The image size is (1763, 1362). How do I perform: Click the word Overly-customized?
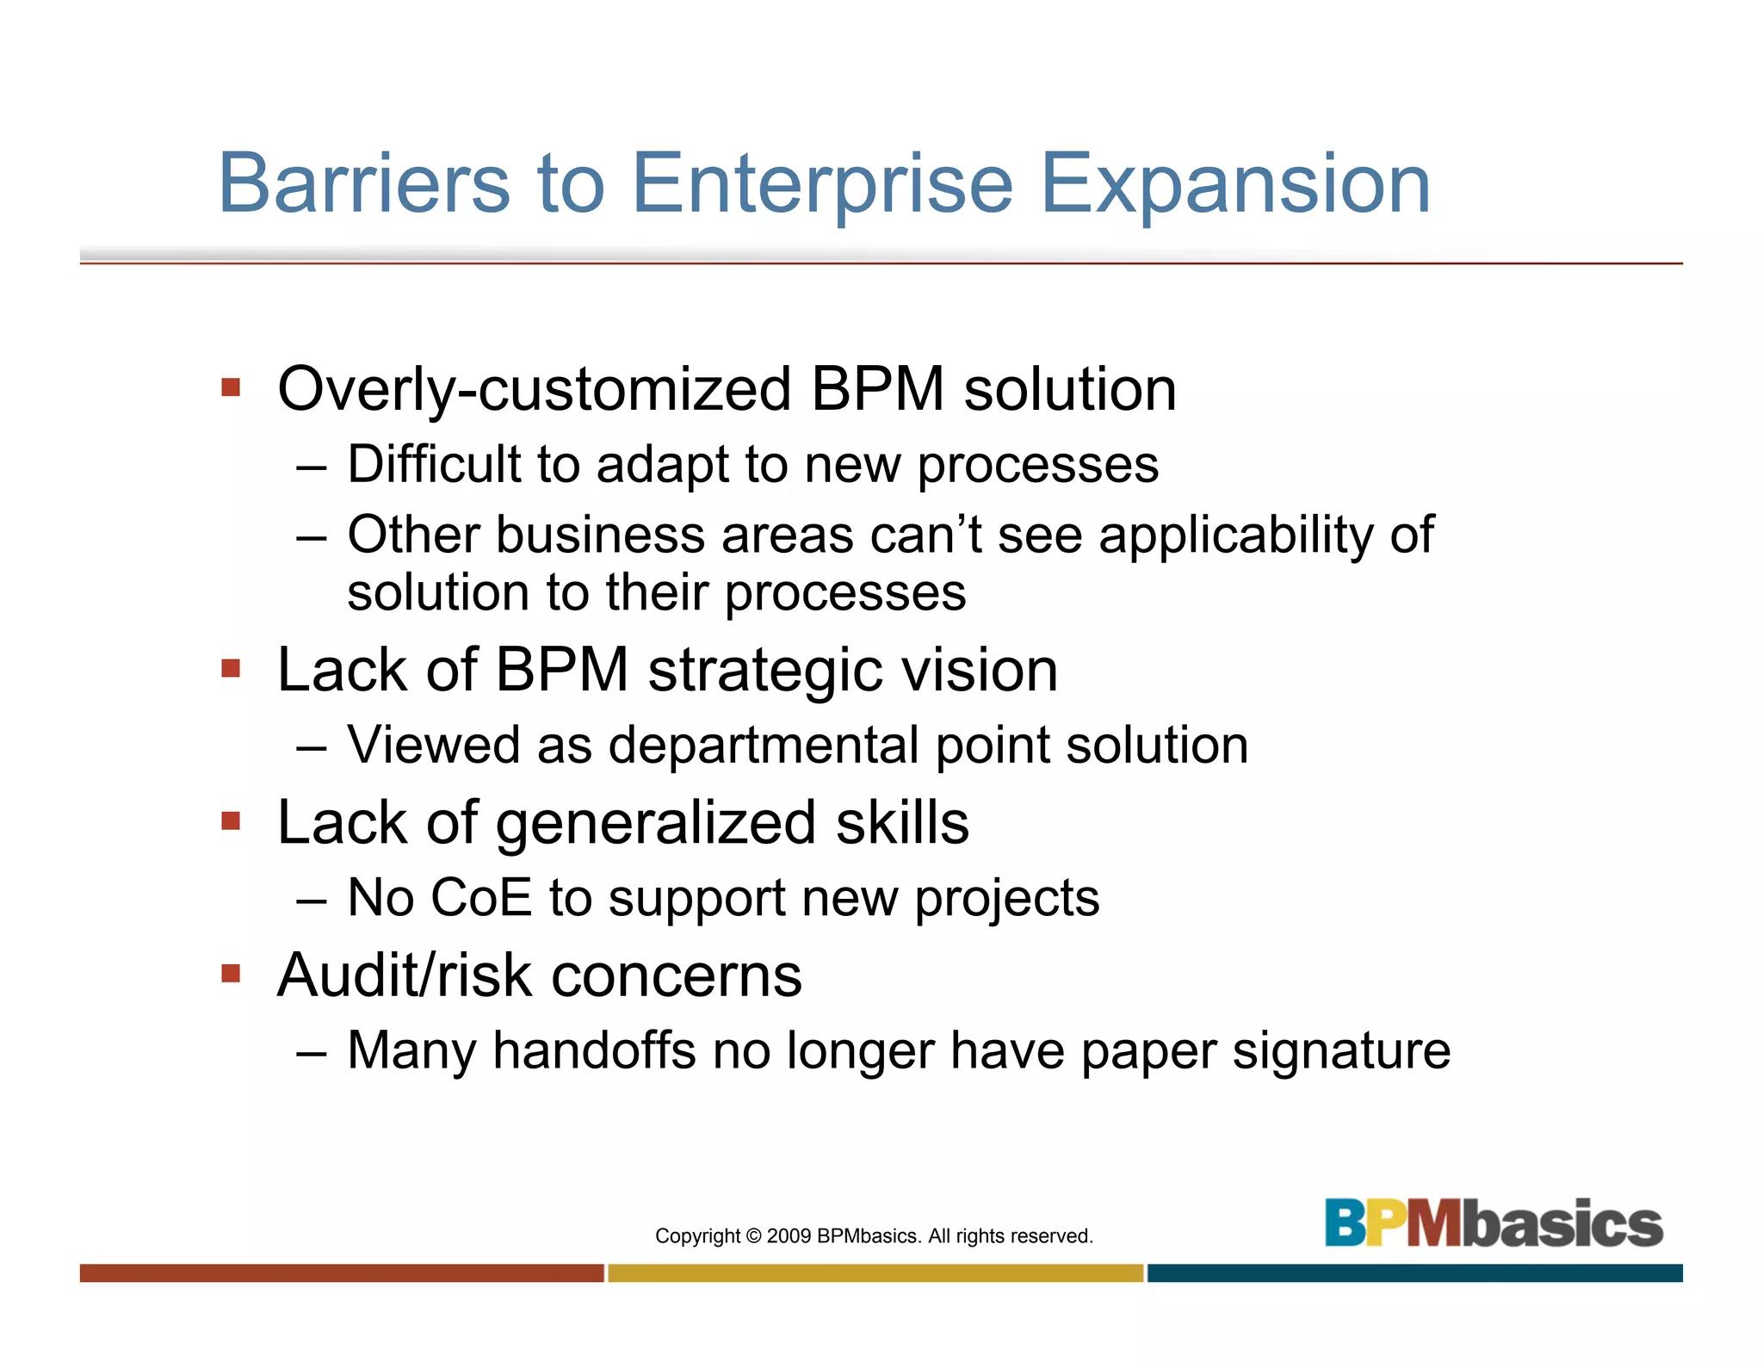click(534, 390)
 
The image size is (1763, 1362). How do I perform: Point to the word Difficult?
click(434, 465)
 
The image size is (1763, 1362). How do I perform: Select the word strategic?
click(766, 672)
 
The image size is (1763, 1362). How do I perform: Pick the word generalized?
click(656, 824)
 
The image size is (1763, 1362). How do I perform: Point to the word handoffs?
click(594, 1051)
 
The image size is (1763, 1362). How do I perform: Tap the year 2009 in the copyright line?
click(789, 1236)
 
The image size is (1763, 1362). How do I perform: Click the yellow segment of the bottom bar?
click(875, 1272)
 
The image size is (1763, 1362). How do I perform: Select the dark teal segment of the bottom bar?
click(1414, 1272)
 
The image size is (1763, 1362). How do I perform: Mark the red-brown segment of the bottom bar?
click(342, 1272)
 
